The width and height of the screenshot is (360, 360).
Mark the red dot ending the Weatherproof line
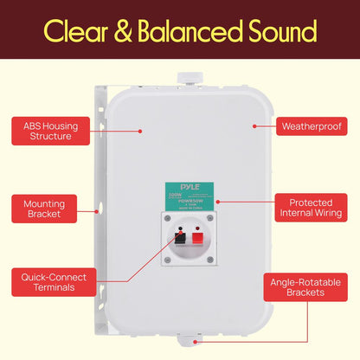[x=254, y=126]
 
